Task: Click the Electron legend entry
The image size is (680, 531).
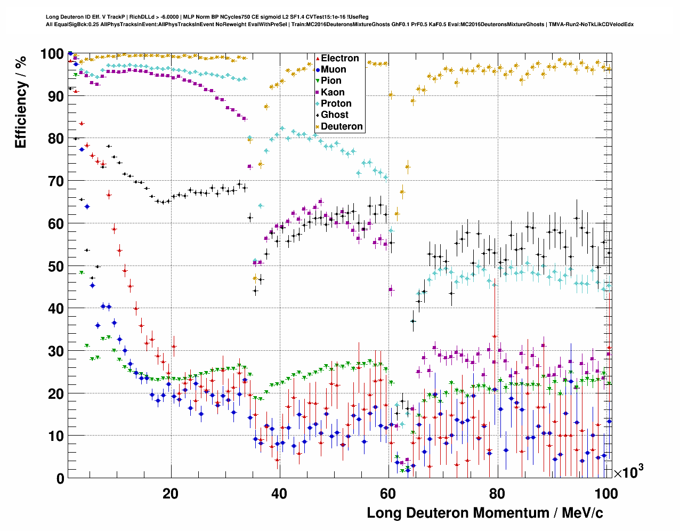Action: tap(339, 58)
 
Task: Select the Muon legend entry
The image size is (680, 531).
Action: tap(333, 69)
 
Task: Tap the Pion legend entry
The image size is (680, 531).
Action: tap(331, 81)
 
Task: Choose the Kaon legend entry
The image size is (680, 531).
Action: tap(333, 92)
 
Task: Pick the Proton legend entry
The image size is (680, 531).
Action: tap(336, 103)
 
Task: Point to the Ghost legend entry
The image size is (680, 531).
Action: tap(334, 115)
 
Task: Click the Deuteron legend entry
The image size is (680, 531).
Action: tap(342, 126)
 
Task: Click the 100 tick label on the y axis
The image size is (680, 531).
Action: tap(52, 54)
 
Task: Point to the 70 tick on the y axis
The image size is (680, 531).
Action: tap(55, 181)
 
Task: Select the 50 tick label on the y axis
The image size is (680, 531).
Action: tap(55, 266)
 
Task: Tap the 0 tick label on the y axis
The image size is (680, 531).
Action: tap(60, 479)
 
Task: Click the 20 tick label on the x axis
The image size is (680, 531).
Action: tap(171, 494)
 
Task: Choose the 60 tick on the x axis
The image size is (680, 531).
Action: tap(388, 494)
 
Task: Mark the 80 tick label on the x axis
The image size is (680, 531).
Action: tap(497, 494)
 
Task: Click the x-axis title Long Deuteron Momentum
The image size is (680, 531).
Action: tap(485, 513)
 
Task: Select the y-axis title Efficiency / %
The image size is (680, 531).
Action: tap(20, 101)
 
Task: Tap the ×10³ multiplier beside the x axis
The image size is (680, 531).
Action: tap(628, 472)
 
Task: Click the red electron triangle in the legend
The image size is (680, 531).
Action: tap(318, 58)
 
